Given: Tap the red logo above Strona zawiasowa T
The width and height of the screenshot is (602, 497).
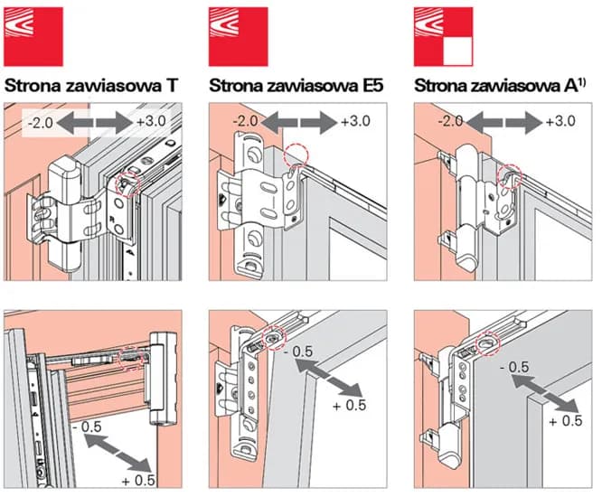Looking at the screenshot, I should (34, 35).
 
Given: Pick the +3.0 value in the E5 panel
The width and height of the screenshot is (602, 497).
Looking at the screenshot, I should (357, 121).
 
